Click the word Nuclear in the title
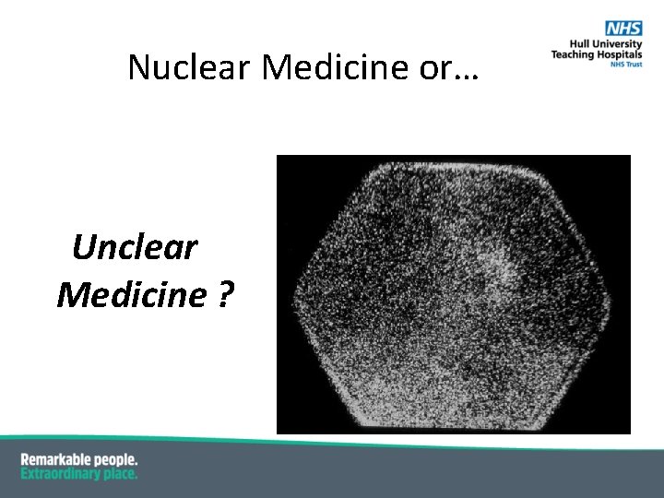point(190,67)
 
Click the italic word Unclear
point(135,247)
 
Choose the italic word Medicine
point(131,295)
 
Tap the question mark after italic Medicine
point(224,295)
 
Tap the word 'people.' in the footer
point(119,459)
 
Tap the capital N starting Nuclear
point(137,67)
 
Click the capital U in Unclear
point(84,247)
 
